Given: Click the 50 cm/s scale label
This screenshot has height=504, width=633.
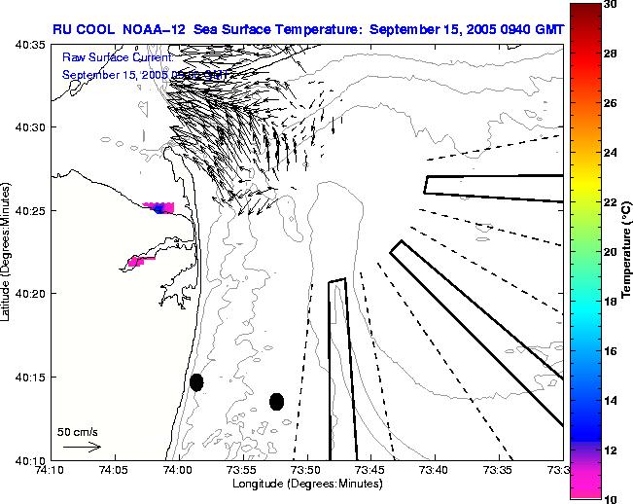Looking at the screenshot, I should [77, 431].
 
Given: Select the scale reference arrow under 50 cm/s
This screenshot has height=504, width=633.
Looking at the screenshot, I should [82, 447].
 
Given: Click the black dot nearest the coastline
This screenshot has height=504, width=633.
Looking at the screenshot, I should [196, 382].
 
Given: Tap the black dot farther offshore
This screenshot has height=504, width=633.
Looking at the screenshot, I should [276, 401].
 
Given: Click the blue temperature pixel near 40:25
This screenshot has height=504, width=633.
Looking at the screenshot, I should [158, 209].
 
